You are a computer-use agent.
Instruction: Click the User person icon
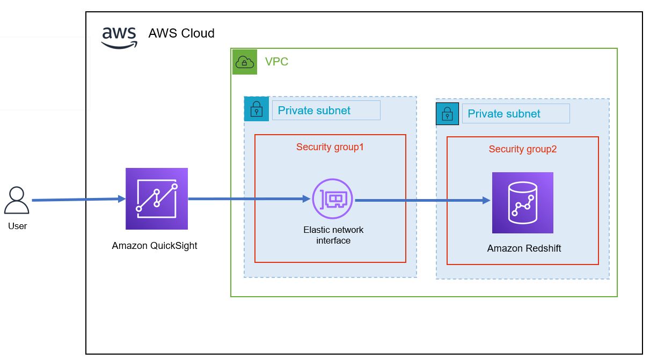point(17,201)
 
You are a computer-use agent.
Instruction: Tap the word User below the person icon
point(17,226)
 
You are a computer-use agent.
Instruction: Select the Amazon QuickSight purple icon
point(157,199)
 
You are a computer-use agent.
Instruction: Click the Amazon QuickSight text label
point(155,246)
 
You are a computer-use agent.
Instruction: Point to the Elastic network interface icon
point(332,199)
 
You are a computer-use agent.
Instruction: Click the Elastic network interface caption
point(333,235)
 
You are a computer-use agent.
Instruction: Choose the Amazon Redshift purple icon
point(522,202)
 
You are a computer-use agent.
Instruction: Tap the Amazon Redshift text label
point(524,248)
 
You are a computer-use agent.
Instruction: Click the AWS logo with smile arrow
point(120,36)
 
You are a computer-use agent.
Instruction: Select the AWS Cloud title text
point(181,33)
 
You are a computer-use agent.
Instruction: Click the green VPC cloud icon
point(245,62)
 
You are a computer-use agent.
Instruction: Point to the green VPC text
point(276,62)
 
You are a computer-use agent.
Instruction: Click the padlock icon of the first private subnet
point(257,109)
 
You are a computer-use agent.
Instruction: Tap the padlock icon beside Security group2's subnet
point(448,113)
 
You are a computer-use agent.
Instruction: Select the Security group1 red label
point(330,146)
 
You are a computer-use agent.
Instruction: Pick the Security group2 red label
point(523,149)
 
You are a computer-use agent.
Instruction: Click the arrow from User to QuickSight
point(78,200)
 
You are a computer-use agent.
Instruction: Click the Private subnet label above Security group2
point(504,114)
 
